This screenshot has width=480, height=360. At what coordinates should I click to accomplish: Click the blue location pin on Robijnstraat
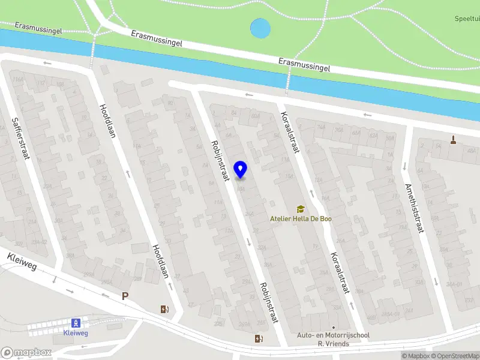[x=241, y=170]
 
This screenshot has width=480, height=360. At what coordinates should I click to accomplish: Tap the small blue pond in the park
[x=260, y=28]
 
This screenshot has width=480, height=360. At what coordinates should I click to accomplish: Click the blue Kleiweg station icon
[x=76, y=323]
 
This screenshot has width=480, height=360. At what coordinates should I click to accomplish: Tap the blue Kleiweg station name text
[x=76, y=332]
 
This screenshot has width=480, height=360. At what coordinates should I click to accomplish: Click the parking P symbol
[x=125, y=296]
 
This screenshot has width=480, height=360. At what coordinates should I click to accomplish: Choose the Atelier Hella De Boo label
[x=300, y=219]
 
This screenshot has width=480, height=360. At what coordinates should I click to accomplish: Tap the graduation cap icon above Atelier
[x=300, y=209]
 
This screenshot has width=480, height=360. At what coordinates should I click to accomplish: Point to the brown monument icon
[x=452, y=141]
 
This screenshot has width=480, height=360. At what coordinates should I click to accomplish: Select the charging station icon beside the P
[x=164, y=310]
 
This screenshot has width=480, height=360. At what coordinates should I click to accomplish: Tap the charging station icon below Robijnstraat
[x=259, y=339]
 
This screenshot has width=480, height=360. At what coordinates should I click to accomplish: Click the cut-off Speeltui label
[x=467, y=19]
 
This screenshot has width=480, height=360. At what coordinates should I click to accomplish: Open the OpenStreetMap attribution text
[x=455, y=356]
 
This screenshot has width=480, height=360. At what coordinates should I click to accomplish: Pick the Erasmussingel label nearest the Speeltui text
[x=304, y=65]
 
